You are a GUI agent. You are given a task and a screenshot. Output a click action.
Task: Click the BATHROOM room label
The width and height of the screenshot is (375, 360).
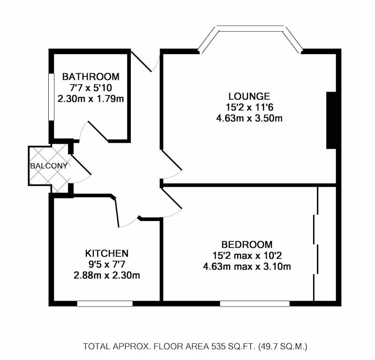click(90, 77)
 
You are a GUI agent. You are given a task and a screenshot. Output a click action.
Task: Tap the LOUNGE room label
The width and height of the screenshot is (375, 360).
click(249, 96)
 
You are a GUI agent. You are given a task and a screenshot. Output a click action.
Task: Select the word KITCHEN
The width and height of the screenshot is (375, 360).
click(107, 253)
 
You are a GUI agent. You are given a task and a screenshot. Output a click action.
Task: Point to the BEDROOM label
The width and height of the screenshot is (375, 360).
click(247, 245)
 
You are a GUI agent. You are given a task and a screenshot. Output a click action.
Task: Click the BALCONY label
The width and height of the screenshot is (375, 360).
click(49, 166)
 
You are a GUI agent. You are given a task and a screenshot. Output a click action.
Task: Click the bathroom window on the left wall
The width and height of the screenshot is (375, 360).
click(51, 97)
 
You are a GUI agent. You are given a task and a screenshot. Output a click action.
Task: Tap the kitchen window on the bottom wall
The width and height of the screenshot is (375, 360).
click(105, 303)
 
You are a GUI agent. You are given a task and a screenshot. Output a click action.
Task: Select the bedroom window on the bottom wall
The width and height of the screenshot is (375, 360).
click(255, 303)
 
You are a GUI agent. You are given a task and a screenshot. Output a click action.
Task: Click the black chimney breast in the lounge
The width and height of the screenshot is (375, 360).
click(331, 120)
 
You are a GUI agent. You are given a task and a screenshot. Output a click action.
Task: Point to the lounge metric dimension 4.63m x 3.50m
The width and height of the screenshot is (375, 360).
click(249, 118)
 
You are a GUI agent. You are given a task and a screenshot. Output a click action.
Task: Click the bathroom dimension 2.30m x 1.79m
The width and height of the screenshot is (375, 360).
click(90, 99)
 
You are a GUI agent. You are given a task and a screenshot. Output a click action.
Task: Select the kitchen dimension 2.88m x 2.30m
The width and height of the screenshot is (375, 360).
click(107, 275)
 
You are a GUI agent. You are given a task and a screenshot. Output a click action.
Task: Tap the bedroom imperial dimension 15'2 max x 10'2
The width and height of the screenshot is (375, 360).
click(247, 256)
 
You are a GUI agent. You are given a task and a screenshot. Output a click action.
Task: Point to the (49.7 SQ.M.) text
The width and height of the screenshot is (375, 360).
click(283, 346)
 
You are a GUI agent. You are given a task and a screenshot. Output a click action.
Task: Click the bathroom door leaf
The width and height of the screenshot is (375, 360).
click(98, 132)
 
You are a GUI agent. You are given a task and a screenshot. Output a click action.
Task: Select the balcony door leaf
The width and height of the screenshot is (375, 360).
click(81, 165)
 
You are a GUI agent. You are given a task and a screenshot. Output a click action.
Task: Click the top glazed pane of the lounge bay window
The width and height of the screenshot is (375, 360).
click(251, 28)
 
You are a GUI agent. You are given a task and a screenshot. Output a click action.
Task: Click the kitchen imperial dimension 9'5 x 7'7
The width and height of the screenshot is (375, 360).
click(107, 264)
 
